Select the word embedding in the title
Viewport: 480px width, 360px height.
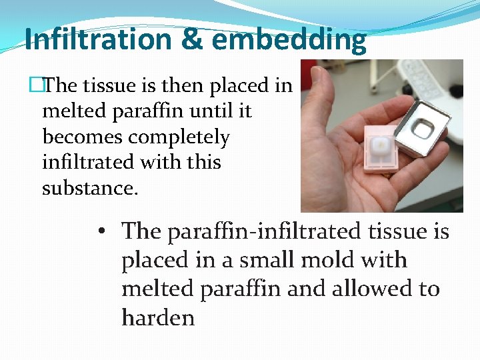[290, 40]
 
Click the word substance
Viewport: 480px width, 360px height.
[90, 189]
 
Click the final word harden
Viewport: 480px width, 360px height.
[158, 317]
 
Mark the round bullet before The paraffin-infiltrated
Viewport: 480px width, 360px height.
[100, 232]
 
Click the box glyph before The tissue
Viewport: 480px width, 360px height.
[45, 85]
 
